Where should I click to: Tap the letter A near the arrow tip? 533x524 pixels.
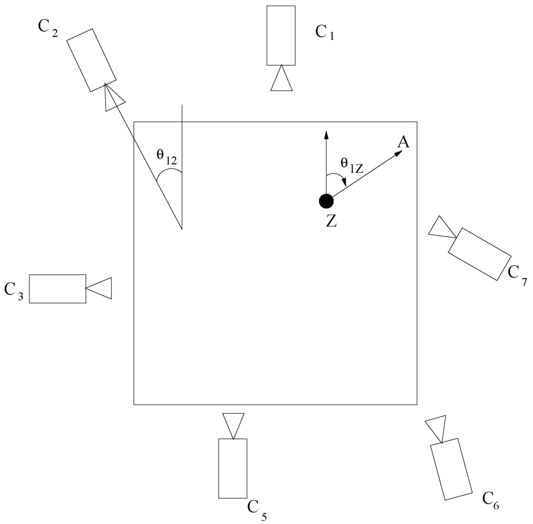pos(402,142)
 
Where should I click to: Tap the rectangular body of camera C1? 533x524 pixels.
pos(281,35)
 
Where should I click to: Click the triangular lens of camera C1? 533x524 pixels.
pos(282,80)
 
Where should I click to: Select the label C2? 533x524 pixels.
pos(48,28)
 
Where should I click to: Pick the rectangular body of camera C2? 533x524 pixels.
pos(92,60)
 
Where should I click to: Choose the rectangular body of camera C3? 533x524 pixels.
pos(57,288)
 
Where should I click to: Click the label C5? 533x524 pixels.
pos(257,508)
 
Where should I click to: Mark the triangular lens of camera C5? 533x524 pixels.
pos(233,425)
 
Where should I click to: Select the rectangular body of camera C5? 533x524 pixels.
pos(233,468)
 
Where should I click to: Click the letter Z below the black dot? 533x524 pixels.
pos(331,221)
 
